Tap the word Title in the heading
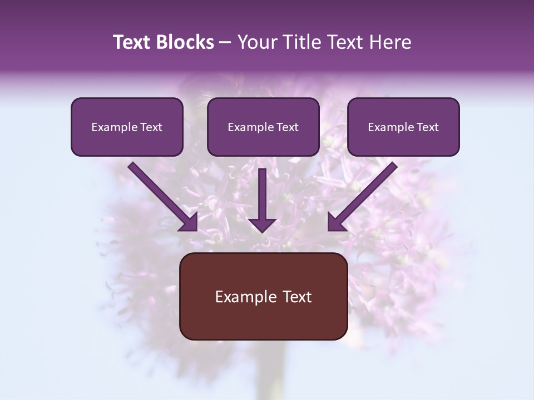(x=301, y=42)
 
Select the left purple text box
(x=127, y=142)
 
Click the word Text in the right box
(x=428, y=127)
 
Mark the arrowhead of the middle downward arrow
(x=262, y=224)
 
